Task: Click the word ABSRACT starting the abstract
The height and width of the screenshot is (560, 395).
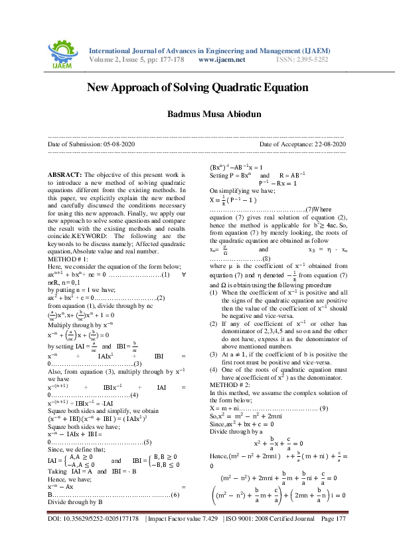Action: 64,174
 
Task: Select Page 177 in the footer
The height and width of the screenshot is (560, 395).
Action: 333,536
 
